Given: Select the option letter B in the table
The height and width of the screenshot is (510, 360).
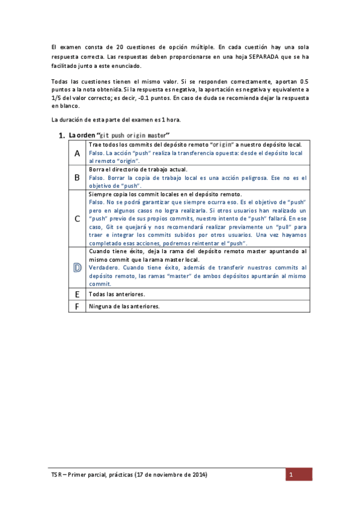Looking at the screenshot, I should tap(77, 178).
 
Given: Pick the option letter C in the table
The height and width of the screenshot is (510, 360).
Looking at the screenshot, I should tap(77, 219).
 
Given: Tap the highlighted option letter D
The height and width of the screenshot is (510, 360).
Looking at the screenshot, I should tap(77, 267).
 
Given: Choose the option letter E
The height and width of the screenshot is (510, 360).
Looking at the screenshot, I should tap(77, 294).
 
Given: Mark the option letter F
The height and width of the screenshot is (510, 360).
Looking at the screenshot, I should tap(77, 306).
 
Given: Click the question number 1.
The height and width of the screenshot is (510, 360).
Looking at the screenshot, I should tap(62, 135).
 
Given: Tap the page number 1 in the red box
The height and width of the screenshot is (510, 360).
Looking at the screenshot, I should tap(290, 475).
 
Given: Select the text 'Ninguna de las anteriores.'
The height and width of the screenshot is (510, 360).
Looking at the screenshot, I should tap(124, 306).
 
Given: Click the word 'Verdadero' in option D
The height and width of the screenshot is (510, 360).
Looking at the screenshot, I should tap(102, 267).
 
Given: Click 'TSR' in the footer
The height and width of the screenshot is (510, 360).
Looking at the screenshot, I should tap(56, 475).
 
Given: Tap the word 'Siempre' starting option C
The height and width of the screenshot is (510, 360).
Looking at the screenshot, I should tap(100, 195).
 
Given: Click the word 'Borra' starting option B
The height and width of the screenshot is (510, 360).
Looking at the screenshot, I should tap(97, 170).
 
